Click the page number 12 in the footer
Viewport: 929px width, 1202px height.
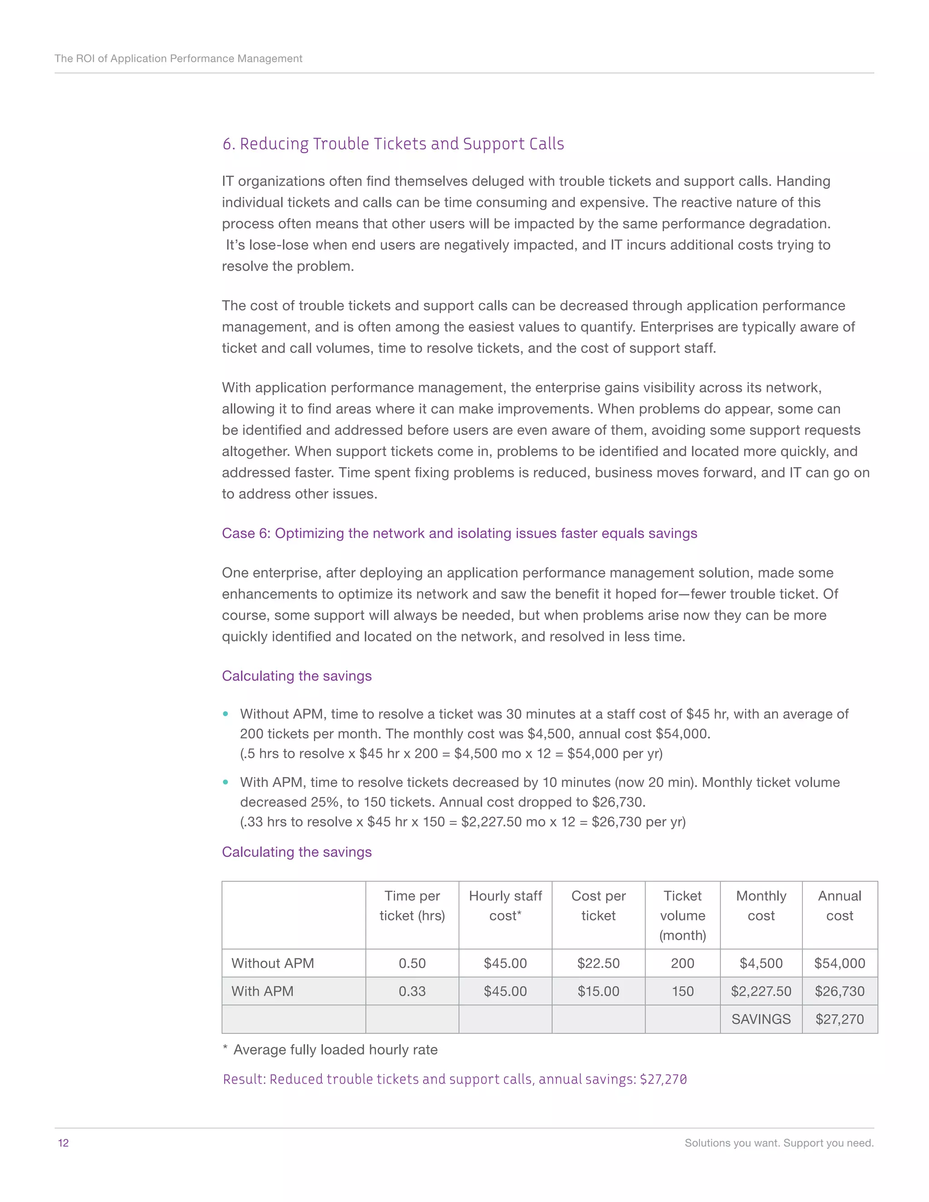pos(64,1143)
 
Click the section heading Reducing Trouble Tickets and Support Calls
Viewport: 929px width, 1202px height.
pos(393,144)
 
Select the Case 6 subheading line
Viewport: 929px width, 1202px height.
pos(459,533)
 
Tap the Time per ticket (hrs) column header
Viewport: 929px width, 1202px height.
pos(412,905)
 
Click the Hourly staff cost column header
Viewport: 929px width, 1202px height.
pos(505,905)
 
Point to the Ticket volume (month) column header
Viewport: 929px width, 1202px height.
pos(682,915)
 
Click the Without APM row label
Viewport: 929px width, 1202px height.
pos(273,963)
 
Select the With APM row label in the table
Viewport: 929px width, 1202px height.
pos(262,991)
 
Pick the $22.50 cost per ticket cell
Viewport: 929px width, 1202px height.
pos(598,963)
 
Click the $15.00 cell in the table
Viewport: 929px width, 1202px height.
pos(598,991)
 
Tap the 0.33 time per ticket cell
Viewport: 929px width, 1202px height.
pos(412,991)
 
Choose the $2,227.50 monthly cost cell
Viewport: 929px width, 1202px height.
pos(761,991)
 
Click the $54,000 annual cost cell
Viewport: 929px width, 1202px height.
pos(839,963)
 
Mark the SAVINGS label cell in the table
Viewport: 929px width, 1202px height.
pos(761,1019)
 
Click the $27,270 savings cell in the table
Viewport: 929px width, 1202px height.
pos(839,1019)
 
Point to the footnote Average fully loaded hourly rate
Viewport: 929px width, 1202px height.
pos(335,1050)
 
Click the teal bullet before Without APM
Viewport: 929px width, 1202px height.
pos(225,714)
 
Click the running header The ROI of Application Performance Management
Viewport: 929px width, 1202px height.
pos(178,59)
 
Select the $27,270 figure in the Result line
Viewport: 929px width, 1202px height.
pos(663,1079)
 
